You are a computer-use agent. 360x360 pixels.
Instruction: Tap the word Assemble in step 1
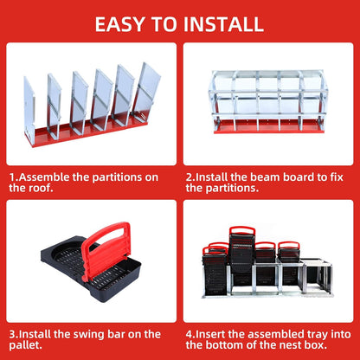point(49,176)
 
